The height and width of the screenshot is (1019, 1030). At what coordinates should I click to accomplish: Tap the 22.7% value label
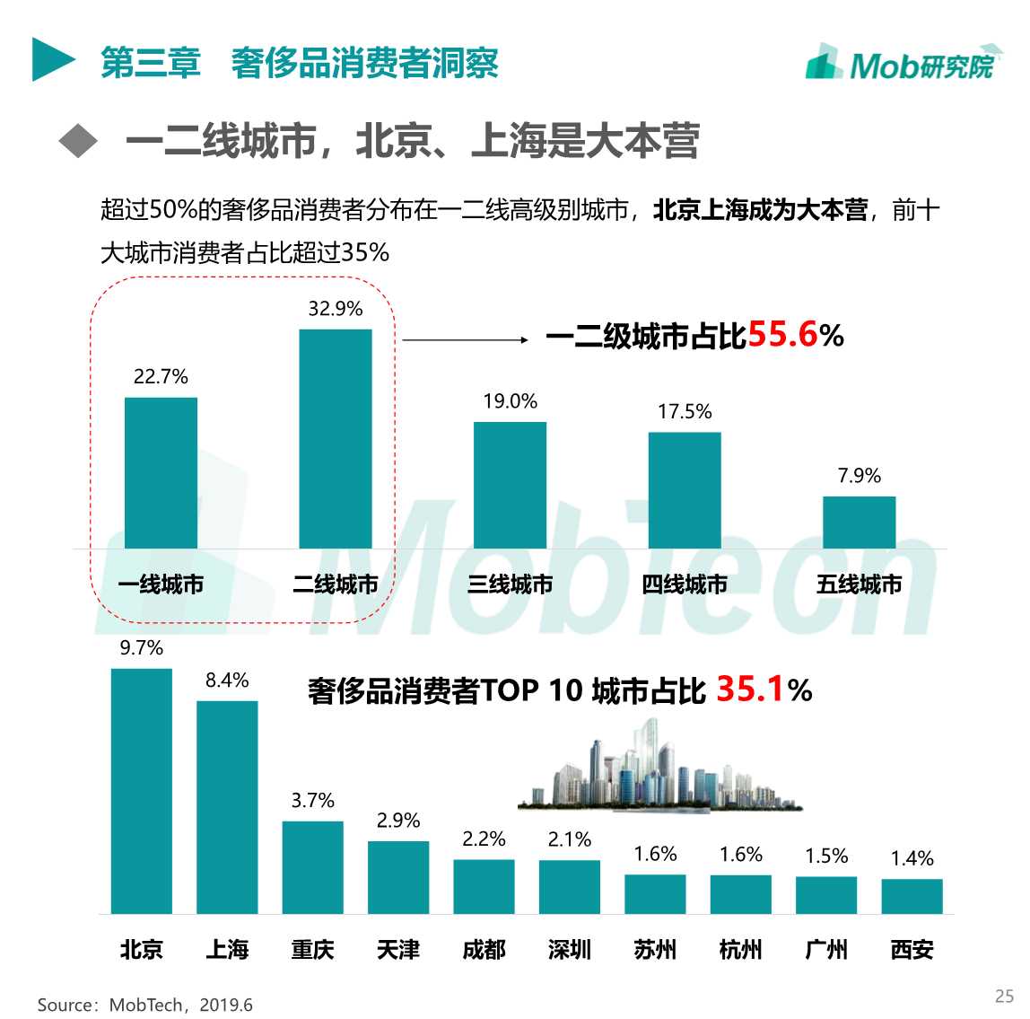point(161,377)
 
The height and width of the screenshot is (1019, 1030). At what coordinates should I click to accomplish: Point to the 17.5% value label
point(685,412)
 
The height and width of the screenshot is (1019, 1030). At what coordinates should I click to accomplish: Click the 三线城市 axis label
point(510,584)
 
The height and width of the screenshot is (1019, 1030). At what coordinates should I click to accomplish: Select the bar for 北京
point(141,790)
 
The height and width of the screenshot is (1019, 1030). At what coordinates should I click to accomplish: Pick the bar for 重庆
point(312,866)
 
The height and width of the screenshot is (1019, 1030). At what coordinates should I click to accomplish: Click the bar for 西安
point(912,895)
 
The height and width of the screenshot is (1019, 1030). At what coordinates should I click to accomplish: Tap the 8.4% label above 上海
point(227,681)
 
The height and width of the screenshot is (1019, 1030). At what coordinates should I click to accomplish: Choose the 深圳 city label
point(570,950)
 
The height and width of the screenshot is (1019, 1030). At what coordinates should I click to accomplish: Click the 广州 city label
point(826,950)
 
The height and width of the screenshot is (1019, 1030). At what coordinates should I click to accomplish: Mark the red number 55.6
point(782,335)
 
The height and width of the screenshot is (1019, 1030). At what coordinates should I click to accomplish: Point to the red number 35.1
point(750,690)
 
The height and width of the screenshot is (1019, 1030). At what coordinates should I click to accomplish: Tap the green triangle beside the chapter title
point(51,59)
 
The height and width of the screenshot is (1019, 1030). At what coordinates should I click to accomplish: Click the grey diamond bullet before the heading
point(78,141)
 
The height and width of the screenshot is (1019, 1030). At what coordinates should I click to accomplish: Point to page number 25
point(1004,996)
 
